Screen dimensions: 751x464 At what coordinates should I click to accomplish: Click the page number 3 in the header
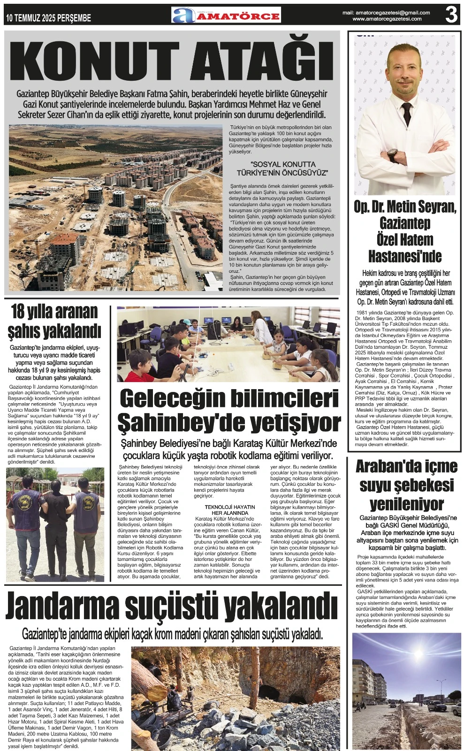click(451, 15)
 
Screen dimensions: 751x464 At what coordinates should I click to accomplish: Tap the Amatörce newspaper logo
click(226, 15)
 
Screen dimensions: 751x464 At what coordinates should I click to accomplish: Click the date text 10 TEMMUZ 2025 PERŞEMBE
click(49, 18)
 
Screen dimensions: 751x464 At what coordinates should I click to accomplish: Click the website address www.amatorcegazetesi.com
click(387, 19)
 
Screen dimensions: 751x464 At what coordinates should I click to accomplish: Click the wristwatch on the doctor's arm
click(393, 154)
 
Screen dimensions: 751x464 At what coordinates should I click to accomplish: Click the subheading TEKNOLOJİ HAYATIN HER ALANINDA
click(230, 510)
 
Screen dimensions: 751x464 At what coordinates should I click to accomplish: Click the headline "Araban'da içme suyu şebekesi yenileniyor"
click(406, 485)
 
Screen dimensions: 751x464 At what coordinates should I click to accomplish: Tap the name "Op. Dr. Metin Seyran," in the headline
click(405, 207)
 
